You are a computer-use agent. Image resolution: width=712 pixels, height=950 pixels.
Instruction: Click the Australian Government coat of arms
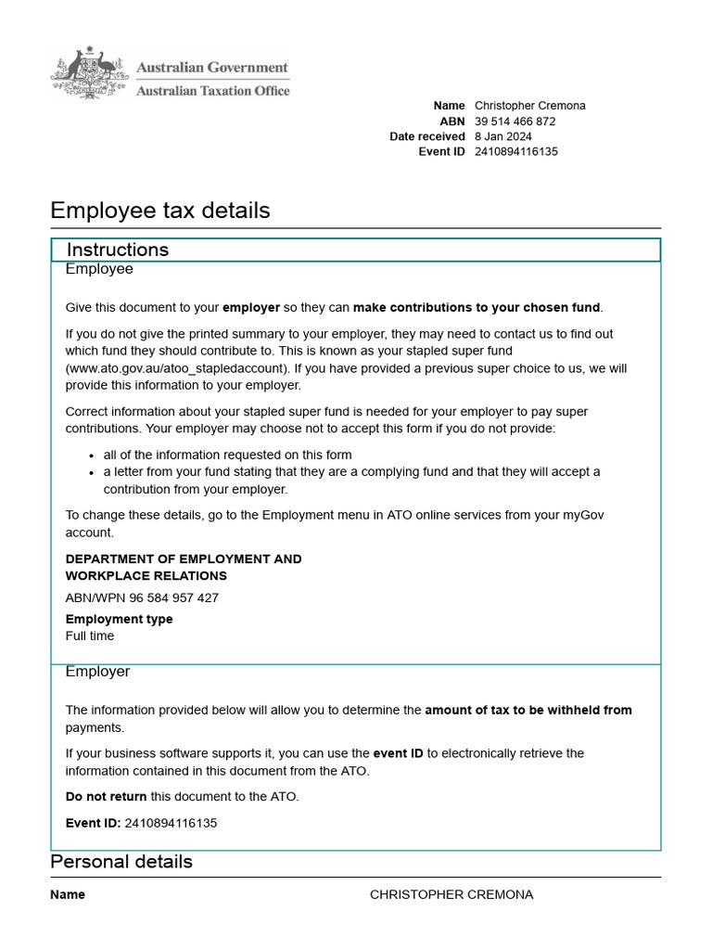click(89, 72)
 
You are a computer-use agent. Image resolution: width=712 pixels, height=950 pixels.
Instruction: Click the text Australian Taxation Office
click(212, 91)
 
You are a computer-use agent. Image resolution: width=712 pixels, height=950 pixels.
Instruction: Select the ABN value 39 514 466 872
click(515, 122)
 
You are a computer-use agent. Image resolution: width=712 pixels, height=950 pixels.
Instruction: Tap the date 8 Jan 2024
click(502, 136)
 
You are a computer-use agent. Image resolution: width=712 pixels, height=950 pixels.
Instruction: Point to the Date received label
click(426, 136)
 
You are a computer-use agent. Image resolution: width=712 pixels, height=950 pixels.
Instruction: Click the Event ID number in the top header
click(515, 152)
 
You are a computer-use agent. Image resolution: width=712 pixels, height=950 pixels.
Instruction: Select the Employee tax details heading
click(159, 211)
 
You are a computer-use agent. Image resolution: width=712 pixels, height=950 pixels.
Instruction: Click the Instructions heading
click(118, 250)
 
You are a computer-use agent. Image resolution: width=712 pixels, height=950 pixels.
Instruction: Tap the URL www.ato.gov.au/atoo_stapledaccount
click(173, 368)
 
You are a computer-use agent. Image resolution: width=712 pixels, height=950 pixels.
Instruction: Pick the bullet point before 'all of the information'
click(92, 456)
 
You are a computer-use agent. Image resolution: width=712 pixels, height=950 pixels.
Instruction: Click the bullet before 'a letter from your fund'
click(92, 473)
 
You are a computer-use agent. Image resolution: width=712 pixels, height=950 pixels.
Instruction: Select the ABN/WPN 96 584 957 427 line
click(142, 598)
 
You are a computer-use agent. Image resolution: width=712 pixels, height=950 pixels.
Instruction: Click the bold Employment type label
click(119, 619)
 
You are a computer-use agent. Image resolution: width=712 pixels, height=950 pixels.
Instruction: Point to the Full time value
click(90, 636)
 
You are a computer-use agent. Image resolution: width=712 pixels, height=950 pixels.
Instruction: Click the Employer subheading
click(97, 672)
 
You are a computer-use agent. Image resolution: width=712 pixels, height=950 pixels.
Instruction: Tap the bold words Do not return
click(106, 797)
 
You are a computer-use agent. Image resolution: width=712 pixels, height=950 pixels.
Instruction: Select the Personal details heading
click(121, 862)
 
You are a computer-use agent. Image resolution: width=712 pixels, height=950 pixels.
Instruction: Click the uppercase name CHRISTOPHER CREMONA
click(451, 895)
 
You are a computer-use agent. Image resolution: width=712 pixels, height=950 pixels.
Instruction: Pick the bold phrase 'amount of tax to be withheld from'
click(528, 711)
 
